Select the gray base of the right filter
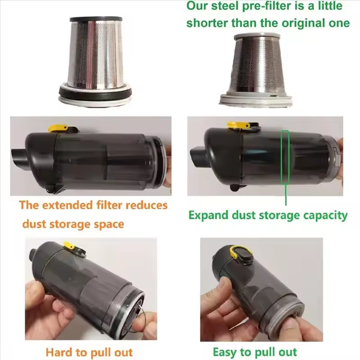click(x=256, y=99)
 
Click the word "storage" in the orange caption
click(x=69, y=224)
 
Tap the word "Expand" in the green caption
click(x=209, y=216)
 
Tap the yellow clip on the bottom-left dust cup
click(x=69, y=245)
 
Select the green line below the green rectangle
click(x=286, y=195)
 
